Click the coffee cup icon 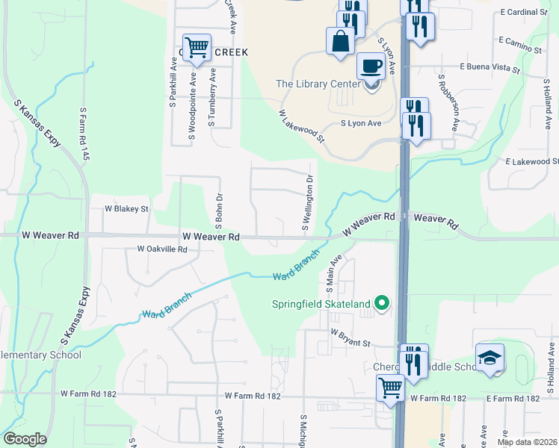371,65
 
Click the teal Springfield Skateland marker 382,303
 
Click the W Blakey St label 126,209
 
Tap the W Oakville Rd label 162,249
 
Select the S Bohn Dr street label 220,208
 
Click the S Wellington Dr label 306,201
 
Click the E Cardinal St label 525,13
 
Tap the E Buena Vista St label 489,68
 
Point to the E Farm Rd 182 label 512,399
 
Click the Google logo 25,439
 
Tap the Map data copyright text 527,442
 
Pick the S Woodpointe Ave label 193,105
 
